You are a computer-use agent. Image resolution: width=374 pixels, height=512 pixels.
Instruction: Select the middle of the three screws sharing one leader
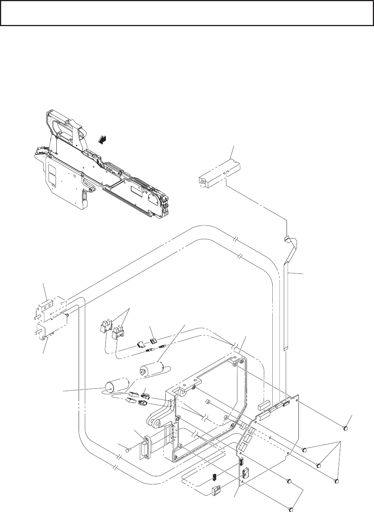(x=318, y=465)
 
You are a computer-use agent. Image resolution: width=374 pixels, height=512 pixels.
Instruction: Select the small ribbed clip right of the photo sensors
(x=154, y=340)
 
